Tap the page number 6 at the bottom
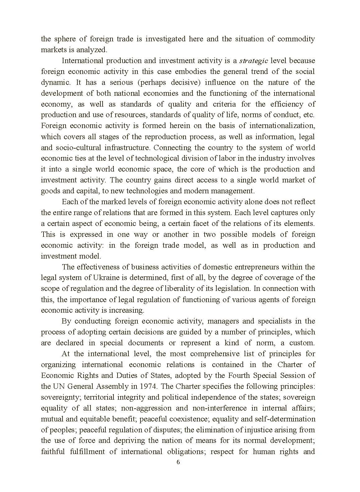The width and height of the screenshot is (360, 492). (178, 462)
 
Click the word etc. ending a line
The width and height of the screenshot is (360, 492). (309, 115)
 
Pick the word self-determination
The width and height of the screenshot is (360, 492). (285, 419)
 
